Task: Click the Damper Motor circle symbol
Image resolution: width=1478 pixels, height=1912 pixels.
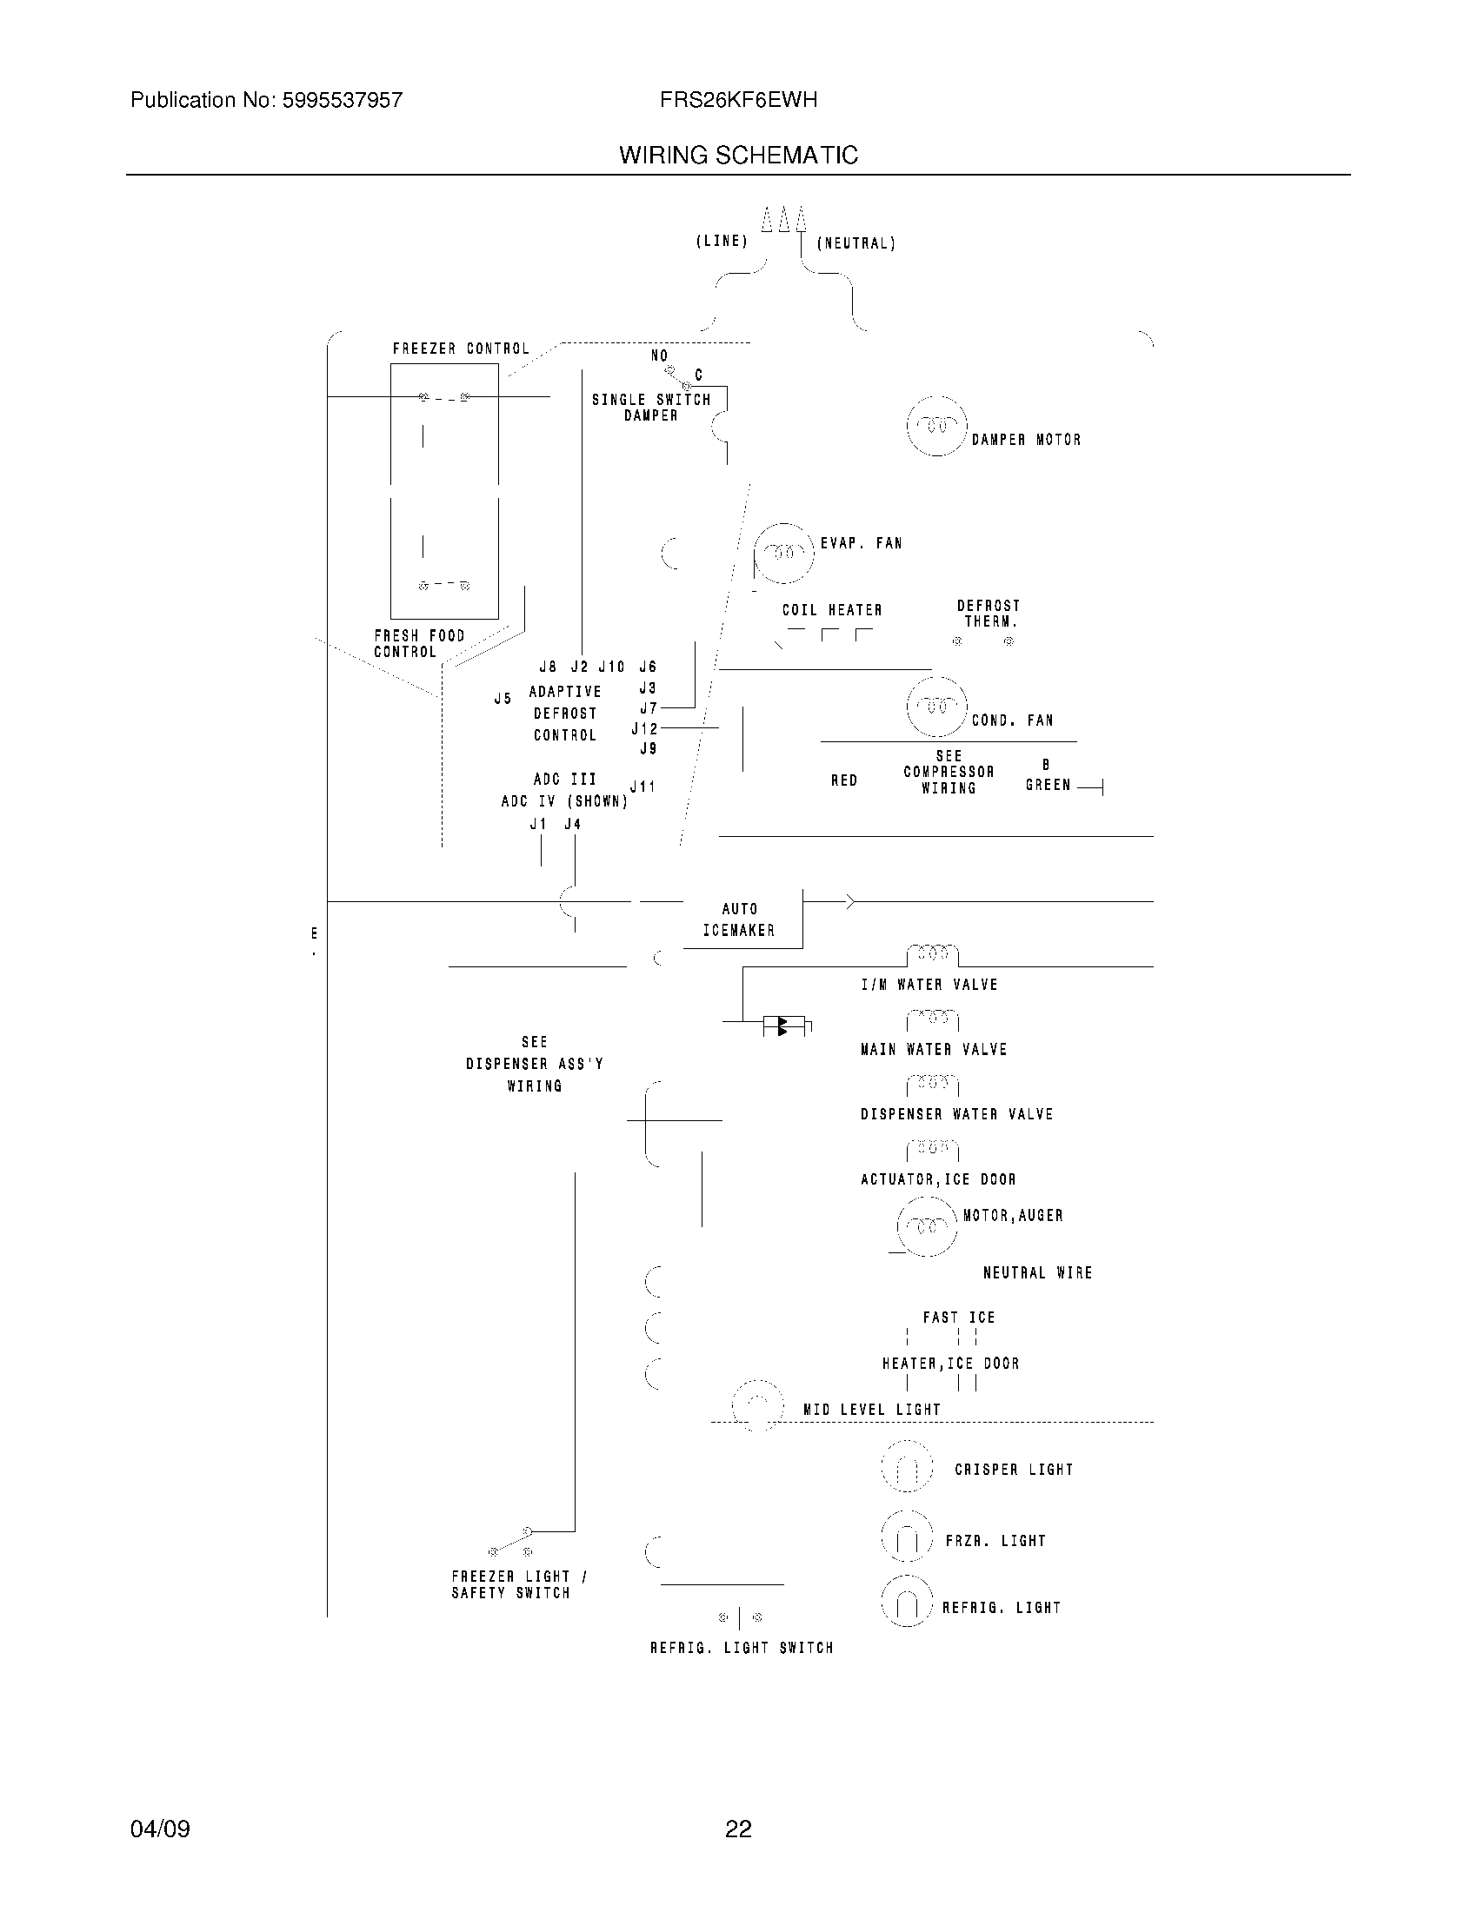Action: [x=937, y=427]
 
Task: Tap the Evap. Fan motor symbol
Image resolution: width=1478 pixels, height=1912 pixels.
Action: [x=784, y=554]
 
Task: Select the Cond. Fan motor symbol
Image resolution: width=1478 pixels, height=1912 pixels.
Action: [x=937, y=707]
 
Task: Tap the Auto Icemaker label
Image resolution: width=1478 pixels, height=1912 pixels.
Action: [x=739, y=920]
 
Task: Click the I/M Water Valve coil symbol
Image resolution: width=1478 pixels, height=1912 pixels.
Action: [x=933, y=953]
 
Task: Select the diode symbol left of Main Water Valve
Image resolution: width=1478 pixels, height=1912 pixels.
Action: [x=784, y=1026]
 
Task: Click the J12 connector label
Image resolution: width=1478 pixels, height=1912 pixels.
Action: [x=643, y=728]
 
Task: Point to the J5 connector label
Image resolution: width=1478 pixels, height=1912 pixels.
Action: [x=503, y=699]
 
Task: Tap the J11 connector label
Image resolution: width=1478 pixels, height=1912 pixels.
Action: [x=642, y=787]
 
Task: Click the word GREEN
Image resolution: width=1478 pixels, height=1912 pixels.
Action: [x=1049, y=786]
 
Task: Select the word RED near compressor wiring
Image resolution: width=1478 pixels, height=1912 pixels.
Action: [x=844, y=781]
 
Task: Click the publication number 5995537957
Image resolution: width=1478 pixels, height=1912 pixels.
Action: [x=342, y=101]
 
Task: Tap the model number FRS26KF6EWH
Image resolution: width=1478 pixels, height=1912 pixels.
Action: [x=738, y=101]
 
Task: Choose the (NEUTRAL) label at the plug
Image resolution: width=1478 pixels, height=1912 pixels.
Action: [x=856, y=243]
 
